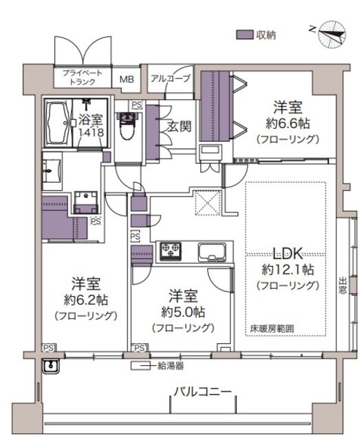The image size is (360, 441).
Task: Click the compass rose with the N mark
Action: [x=332, y=34]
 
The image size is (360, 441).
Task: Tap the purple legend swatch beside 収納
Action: [x=244, y=34]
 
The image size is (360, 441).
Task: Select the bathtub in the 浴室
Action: [x=59, y=123]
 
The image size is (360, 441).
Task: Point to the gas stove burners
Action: [x=170, y=250]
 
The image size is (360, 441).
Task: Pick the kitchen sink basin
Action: [x=212, y=252]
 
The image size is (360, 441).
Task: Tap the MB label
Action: [x=127, y=79]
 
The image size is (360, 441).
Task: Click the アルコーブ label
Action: [x=171, y=78]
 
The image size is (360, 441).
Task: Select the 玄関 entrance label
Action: [x=179, y=127]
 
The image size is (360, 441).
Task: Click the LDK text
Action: [x=288, y=253]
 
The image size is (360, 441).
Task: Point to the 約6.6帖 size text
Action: [x=288, y=123]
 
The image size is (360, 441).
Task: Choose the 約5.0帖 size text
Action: [x=183, y=312]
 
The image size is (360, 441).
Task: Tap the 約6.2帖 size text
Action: [x=86, y=300]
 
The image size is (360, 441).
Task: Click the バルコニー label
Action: [x=202, y=391]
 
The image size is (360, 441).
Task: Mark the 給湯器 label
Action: [x=171, y=366]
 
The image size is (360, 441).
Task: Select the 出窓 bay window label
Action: [x=342, y=285]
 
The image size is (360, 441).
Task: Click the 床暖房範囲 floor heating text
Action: [x=272, y=329]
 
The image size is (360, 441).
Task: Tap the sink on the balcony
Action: [x=50, y=366]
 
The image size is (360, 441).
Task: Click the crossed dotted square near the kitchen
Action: [x=207, y=203]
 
